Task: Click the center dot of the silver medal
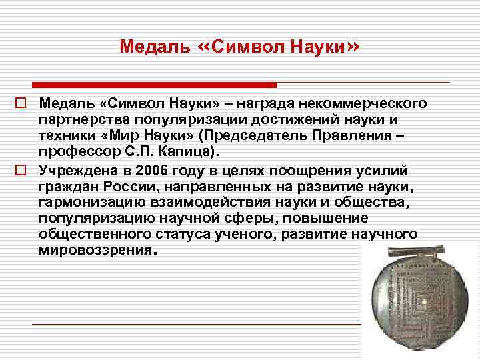tap(421, 303)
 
